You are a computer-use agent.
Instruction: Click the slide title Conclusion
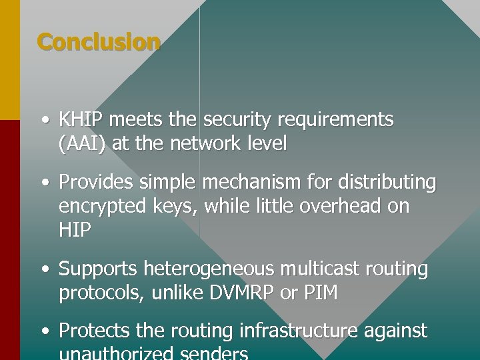99,42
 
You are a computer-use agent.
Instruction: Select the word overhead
337,206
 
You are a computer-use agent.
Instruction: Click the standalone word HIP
73,230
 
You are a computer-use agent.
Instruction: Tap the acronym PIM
322,293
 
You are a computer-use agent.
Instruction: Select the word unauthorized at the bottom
116,353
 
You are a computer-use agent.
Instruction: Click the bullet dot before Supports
44,270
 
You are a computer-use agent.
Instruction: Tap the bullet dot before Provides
44,183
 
